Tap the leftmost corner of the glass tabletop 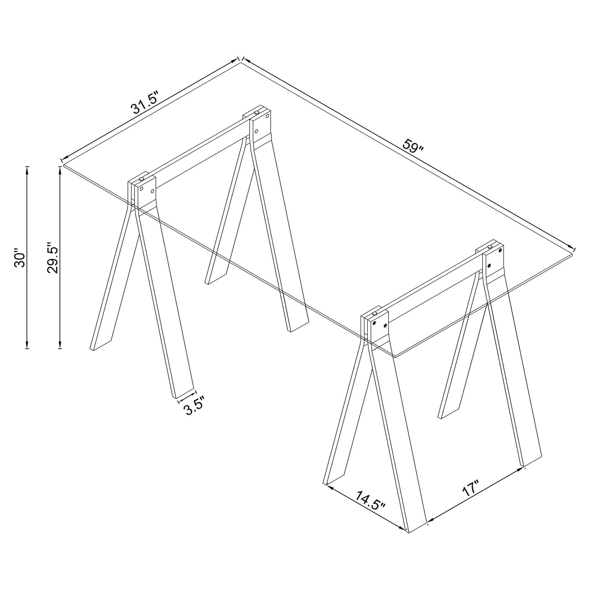pyautogui.click(x=64, y=165)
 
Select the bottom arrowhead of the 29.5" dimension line pyautogui.click(x=60, y=344)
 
